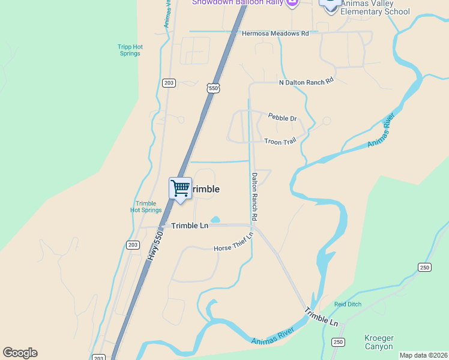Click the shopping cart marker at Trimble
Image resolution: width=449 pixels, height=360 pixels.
point(180,189)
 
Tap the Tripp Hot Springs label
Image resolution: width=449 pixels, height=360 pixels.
point(129,50)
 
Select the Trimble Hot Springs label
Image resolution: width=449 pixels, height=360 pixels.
point(146,207)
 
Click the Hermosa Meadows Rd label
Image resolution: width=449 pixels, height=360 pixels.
point(275,34)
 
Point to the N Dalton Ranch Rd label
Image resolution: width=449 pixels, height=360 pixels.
point(306,82)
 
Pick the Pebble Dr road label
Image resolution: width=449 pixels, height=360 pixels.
point(282,118)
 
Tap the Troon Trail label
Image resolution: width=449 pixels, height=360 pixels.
point(280,141)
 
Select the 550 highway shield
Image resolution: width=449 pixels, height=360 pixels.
point(213,88)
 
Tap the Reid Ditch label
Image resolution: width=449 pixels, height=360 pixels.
point(348,304)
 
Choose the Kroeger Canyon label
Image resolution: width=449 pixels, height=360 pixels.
point(379,342)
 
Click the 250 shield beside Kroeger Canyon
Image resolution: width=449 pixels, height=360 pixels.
point(338,342)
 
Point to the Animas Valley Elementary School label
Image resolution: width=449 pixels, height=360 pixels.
point(375,8)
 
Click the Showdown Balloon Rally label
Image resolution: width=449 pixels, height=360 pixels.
point(238,2)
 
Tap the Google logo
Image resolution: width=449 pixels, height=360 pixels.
point(20,353)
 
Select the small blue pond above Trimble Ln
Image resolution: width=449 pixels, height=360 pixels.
point(215,220)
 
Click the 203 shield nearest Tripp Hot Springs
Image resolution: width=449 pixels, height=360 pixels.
point(169,83)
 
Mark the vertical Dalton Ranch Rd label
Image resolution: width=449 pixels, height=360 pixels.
point(255,196)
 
